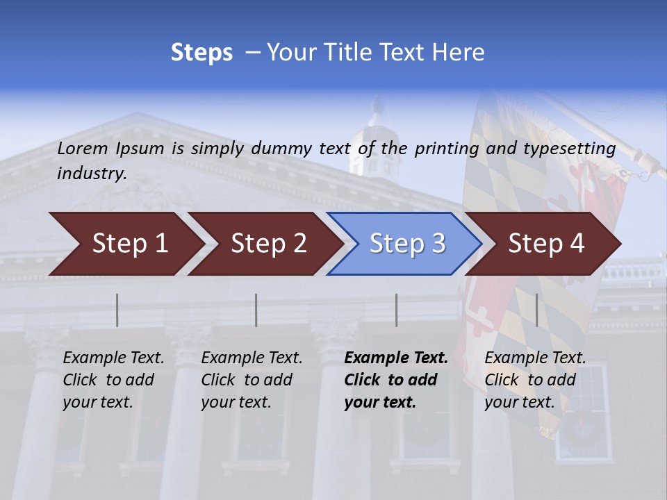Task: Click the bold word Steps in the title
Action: (201, 53)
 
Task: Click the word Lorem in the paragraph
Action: (83, 148)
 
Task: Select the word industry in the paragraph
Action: (92, 174)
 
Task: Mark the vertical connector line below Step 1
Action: (117, 310)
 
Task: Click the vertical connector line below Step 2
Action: (256, 310)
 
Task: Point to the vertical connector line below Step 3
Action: (397, 310)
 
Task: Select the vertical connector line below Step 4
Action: (537, 310)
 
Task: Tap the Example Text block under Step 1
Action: (113, 380)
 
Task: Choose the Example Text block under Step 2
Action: (252, 380)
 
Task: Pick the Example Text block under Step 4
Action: (535, 380)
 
